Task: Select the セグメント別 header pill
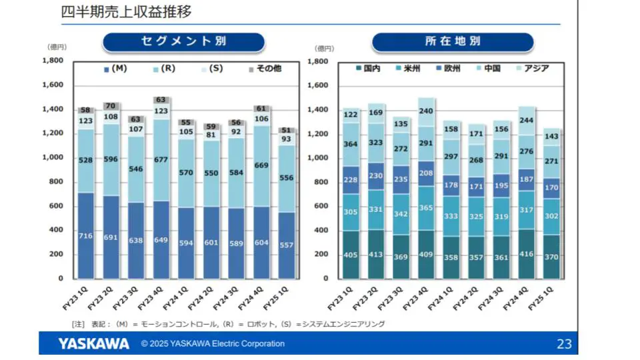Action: (183, 41)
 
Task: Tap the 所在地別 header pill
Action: (453, 41)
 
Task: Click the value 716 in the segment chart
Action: (85, 237)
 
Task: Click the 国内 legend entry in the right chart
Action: (367, 68)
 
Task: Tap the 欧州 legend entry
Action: (448, 68)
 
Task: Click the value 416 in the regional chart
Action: (527, 255)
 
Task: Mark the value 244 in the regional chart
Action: (527, 121)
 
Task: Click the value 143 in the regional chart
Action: (551, 136)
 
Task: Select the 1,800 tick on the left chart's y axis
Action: (53, 61)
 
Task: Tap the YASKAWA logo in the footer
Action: (93, 344)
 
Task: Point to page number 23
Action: (564, 344)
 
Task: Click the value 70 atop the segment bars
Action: (111, 105)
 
